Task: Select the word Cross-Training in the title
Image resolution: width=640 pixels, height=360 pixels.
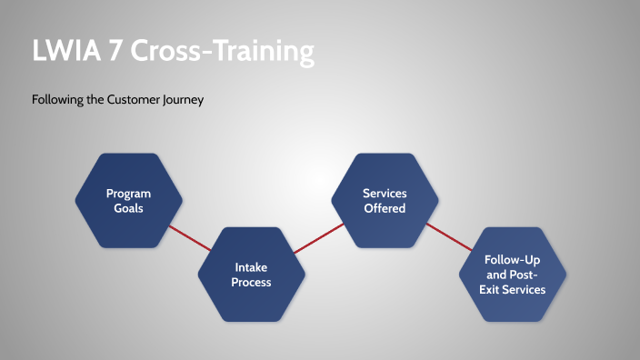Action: click(222, 51)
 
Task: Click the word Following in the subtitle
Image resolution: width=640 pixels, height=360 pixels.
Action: click(57, 100)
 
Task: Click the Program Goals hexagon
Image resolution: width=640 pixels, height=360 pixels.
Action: click(128, 200)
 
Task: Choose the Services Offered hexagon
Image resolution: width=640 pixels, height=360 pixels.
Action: click(384, 200)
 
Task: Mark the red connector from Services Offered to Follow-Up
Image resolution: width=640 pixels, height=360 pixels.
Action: click(449, 237)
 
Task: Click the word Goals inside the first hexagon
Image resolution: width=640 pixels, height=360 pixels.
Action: click(128, 208)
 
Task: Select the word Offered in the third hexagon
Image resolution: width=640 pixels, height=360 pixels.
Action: click(384, 208)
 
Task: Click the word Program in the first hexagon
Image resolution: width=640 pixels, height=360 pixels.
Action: click(128, 193)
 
